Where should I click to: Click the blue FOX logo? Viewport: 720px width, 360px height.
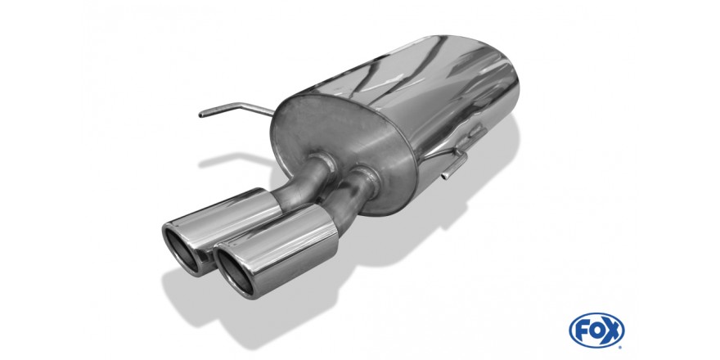[596, 331]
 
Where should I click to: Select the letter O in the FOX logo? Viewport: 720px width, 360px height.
[597, 331]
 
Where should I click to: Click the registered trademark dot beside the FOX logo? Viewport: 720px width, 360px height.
[620, 347]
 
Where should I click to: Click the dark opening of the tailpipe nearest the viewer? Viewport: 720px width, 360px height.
[235, 272]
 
